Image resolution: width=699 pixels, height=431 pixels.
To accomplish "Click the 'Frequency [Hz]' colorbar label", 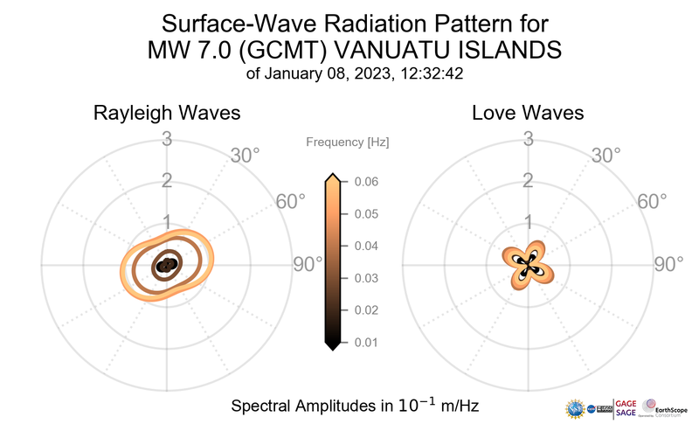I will tap(348, 142).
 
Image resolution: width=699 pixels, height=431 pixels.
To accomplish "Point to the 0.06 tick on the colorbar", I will tap(367, 182).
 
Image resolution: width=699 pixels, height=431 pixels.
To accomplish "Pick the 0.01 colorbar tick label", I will tap(367, 342).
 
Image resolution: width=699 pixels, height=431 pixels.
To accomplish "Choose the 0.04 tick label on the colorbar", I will tap(367, 246).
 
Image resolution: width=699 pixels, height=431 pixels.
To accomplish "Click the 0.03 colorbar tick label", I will tap(367, 278).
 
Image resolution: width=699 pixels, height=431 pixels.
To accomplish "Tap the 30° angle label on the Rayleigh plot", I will tap(245, 156).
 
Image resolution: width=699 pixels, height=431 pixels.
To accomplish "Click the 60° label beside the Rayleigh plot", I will tap(291, 201).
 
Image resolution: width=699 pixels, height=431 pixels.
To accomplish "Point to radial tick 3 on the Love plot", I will tap(528, 138).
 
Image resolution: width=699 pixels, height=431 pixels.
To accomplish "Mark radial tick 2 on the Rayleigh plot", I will tap(166, 181).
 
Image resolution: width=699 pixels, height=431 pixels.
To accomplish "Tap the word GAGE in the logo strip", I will tap(627, 403).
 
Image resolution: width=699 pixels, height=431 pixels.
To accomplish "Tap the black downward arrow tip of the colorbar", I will tap(332, 346).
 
